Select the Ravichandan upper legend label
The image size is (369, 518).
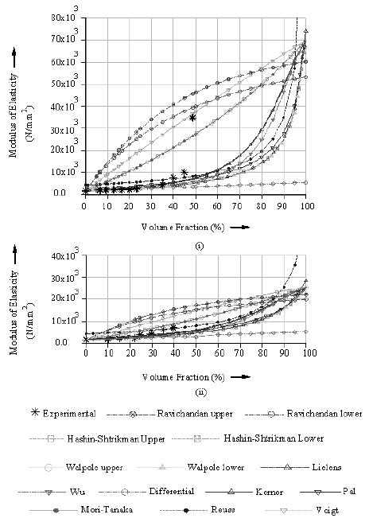click(x=188, y=415)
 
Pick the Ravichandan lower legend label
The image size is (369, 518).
click(x=324, y=415)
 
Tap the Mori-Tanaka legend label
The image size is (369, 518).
click(x=95, y=508)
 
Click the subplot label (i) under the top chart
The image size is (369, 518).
click(x=198, y=246)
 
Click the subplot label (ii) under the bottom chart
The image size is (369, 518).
click(x=198, y=390)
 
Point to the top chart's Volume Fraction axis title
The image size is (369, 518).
click(x=188, y=227)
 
